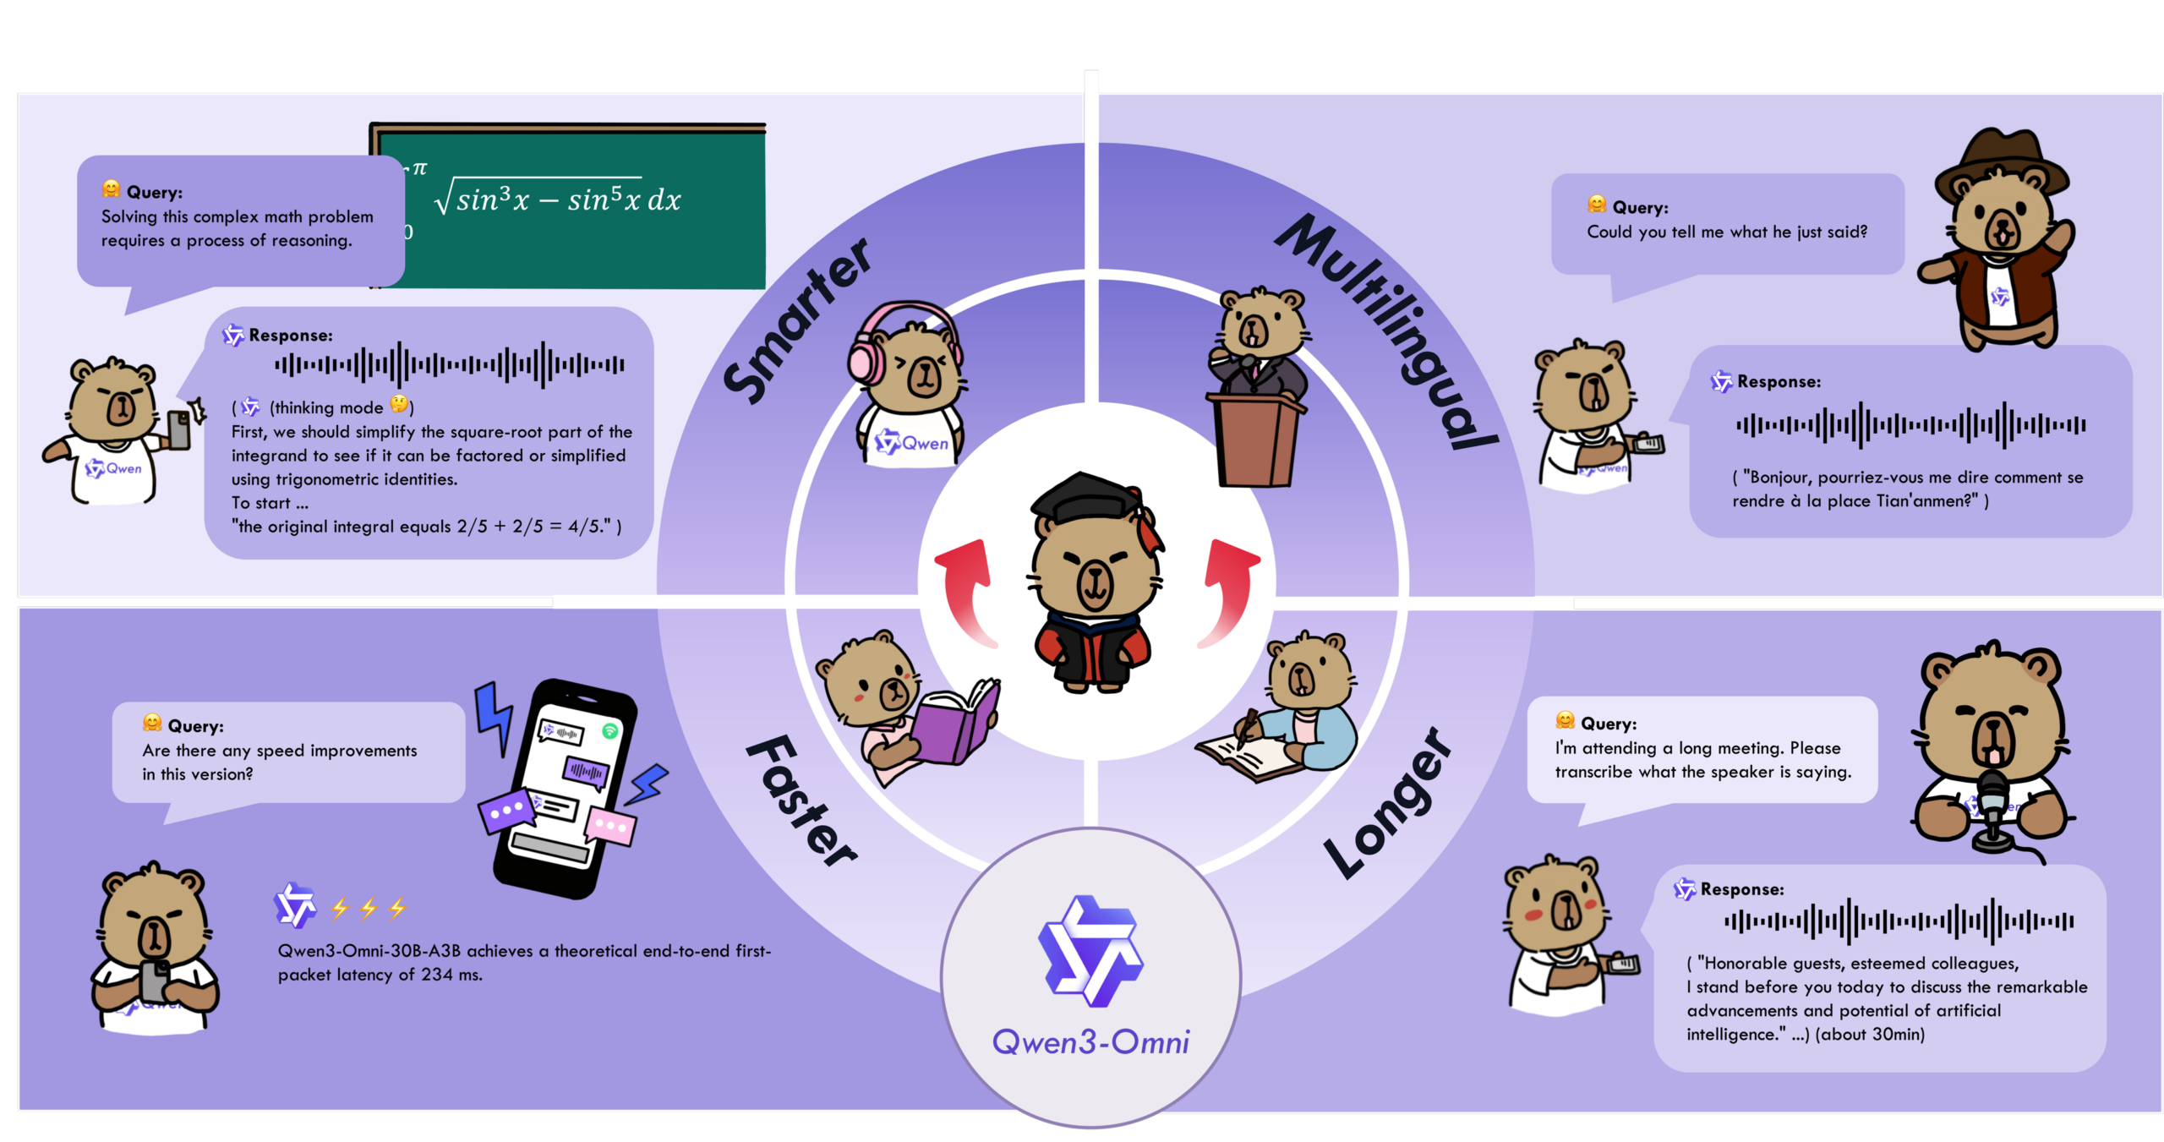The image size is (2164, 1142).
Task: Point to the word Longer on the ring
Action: tap(1387, 803)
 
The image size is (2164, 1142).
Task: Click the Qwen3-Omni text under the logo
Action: tap(1090, 1042)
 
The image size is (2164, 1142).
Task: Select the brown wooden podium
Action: tap(1256, 440)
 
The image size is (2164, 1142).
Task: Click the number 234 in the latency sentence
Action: tap(436, 975)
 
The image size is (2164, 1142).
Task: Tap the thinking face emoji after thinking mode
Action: tap(399, 406)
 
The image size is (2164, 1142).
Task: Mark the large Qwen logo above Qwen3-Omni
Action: tap(1090, 951)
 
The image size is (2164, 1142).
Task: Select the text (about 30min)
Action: tap(1870, 1034)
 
